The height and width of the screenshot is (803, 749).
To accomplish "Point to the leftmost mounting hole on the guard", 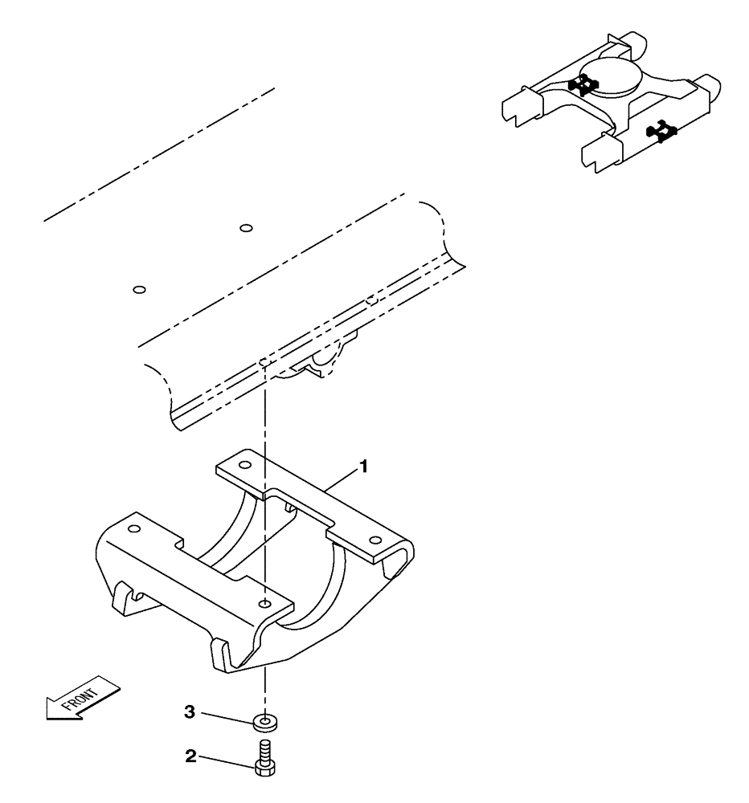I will [133, 528].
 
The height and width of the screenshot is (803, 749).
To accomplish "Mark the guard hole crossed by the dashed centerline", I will [264, 602].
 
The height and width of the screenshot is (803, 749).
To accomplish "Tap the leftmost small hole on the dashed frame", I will [138, 289].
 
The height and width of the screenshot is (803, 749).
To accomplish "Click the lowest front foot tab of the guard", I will [221, 654].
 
